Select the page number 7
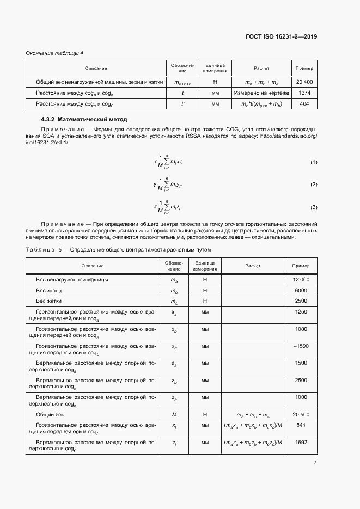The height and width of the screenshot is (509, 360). (315, 463)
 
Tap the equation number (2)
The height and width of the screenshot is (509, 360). (314, 185)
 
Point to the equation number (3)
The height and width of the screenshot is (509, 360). (314, 207)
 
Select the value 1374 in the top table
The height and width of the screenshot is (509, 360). (304, 93)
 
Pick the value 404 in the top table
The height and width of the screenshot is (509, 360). (304, 103)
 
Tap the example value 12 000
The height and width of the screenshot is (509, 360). (301, 279)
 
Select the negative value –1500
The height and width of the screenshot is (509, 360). (301, 346)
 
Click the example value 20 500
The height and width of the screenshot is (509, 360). (301, 414)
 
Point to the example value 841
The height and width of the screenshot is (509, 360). (301, 426)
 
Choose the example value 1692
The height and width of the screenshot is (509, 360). (301, 443)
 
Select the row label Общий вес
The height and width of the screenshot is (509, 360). (51, 414)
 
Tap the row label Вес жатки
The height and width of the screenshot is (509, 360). (50, 301)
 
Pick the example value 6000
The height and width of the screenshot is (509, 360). (301, 290)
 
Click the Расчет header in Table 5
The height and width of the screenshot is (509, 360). (252, 266)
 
